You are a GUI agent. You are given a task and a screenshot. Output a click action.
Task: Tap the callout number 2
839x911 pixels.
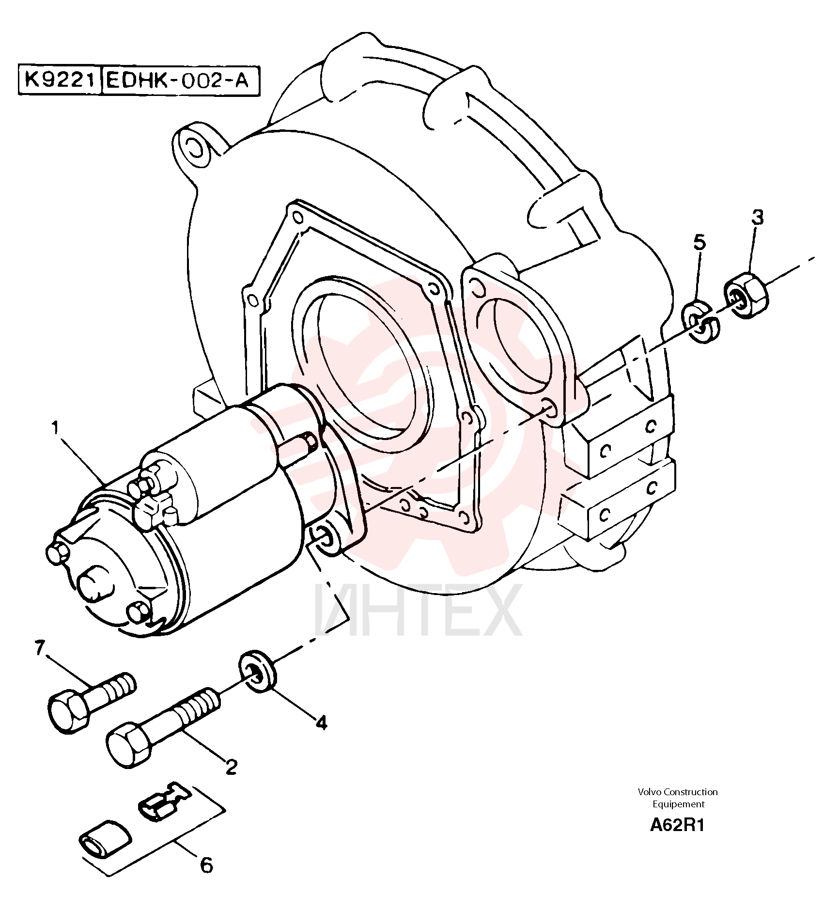pyautogui.click(x=231, y=766)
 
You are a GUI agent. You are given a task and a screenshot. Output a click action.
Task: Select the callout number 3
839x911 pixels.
pyautogui.click(x=757, y=218)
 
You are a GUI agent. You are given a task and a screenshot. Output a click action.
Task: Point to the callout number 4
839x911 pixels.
pyautogui.click(x=321, y=723)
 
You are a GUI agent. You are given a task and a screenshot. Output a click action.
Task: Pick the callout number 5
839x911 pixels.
pyautogui.click(x=699, y=242)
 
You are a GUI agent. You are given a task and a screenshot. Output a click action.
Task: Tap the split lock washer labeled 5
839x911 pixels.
pyautogui.click(x=700, y=321)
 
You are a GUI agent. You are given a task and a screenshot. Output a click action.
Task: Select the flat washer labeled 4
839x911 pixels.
pyautogui.click(x=258, y=671)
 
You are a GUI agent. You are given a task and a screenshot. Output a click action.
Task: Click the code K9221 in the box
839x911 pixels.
pyautogui.click(x=59, y=80)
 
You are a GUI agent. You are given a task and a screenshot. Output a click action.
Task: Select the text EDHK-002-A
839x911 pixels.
pyautogui.click(x=177, y=80)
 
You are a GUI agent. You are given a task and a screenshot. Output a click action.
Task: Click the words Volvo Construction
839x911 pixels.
pyautogui.click(x=678, y=792)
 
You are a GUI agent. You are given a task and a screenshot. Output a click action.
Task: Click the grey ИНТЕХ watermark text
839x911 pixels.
pyautogui.click(x=419, y=610)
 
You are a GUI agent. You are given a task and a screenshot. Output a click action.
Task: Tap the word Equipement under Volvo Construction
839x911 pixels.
pyautogui.click(x=678, y=804)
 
